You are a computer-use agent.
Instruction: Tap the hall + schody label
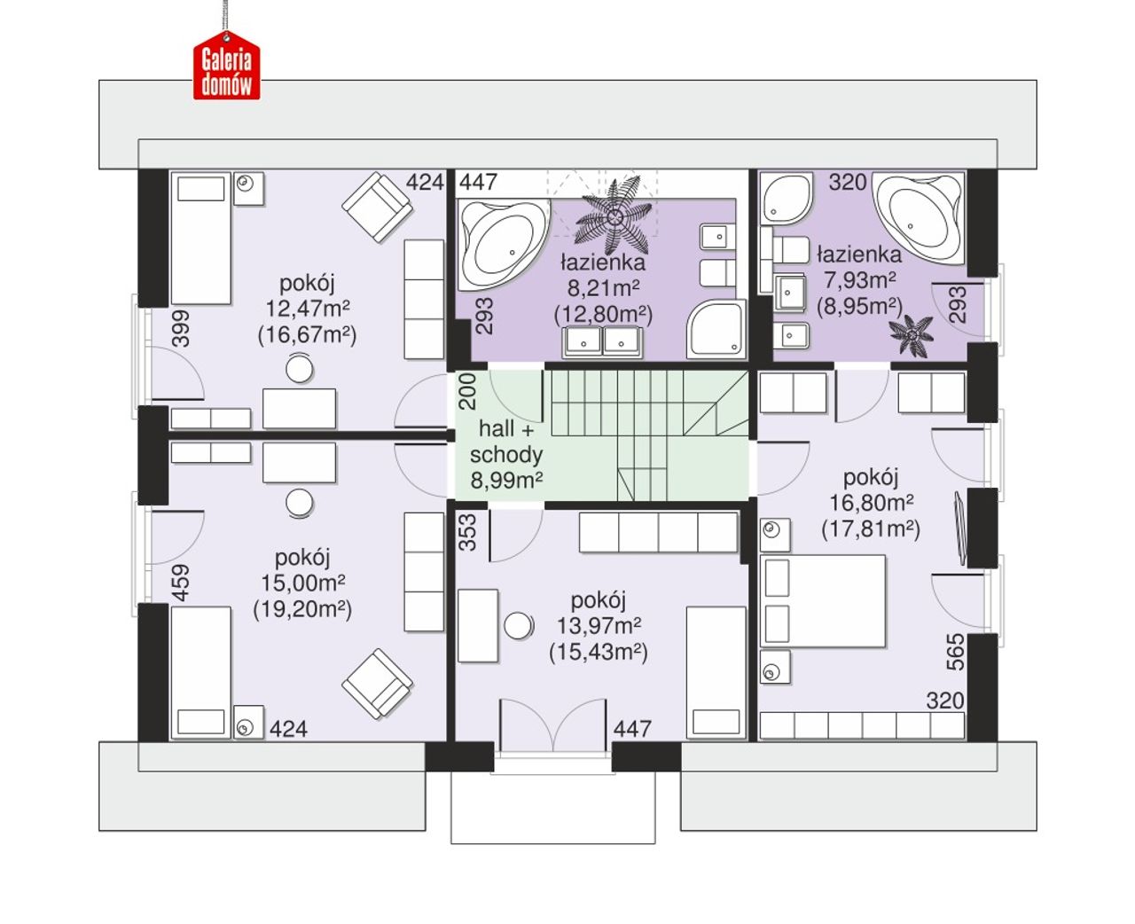click(505, 442)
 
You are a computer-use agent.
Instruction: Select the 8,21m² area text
click(603, 288)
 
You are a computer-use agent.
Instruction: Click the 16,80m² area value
click(872, 502)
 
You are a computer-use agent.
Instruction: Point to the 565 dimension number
click(956, 651)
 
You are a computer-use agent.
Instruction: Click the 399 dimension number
click(182, 328)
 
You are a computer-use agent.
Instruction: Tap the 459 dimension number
click(181, 583)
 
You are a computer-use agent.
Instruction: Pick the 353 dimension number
click(468, 532)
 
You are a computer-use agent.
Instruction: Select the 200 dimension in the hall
click(467, 391)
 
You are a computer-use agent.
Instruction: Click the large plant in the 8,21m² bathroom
click(614, 216)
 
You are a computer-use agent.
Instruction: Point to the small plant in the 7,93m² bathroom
click(912, 335)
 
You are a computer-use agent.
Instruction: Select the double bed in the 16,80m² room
click(823, 601)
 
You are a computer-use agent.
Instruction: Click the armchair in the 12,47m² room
click(377, 207)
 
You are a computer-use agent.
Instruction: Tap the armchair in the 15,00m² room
click(377, 684)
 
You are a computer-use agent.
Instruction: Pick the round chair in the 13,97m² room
click(519, 625)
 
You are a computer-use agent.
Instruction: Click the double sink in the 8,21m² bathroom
click(602, 342)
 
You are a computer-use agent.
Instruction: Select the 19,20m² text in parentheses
click(302, 608)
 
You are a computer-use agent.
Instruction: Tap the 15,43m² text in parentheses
click(599, 653)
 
